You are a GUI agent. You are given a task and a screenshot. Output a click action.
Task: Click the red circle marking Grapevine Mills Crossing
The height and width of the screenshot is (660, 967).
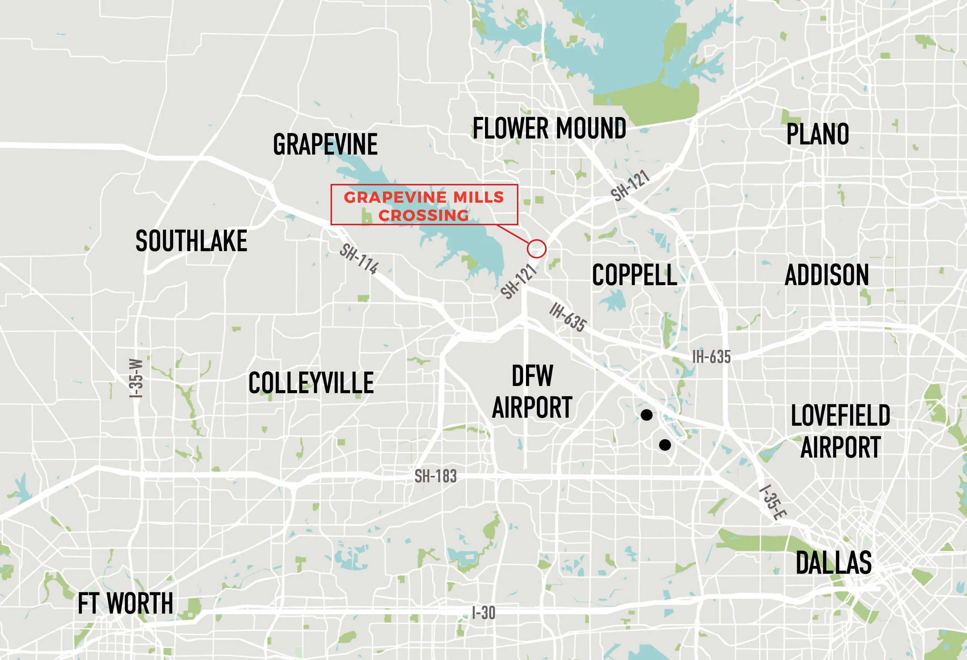coord(536,249)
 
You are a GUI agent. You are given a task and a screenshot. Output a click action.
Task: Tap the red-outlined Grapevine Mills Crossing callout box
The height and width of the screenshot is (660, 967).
coord(424,205)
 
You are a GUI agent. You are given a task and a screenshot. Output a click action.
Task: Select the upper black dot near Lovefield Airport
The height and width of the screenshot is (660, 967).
coord(646,415)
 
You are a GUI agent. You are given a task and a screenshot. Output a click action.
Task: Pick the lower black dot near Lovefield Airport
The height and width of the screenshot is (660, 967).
coord(665,445)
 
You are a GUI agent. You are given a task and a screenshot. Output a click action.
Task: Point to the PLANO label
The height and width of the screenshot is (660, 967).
coord(817,134)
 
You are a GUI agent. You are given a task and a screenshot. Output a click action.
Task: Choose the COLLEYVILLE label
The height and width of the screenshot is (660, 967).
coord(311,383)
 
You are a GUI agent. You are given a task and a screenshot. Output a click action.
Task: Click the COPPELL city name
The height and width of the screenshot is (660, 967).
coord(634,275)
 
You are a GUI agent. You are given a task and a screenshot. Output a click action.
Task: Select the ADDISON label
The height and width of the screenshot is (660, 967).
coord(826,275)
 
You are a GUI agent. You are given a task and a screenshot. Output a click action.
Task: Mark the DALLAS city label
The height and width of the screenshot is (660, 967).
coord(834,562)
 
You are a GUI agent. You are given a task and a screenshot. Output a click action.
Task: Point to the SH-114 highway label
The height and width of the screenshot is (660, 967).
coord(359,259)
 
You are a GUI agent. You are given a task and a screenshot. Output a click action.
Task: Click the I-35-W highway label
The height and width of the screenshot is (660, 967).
coord(136,378)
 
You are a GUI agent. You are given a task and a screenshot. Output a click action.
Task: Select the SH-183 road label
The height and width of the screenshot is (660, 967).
coord(435,476)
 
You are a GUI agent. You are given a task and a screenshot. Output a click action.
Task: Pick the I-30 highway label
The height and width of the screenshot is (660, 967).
coord(483,613)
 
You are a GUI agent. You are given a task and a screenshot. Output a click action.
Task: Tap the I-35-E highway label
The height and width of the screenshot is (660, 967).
coord(773,502)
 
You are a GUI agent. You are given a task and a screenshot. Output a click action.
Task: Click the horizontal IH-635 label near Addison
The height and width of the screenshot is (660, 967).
coord(711,357)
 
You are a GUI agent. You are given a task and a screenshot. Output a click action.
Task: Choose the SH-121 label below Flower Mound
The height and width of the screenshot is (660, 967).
coord(630,185)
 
